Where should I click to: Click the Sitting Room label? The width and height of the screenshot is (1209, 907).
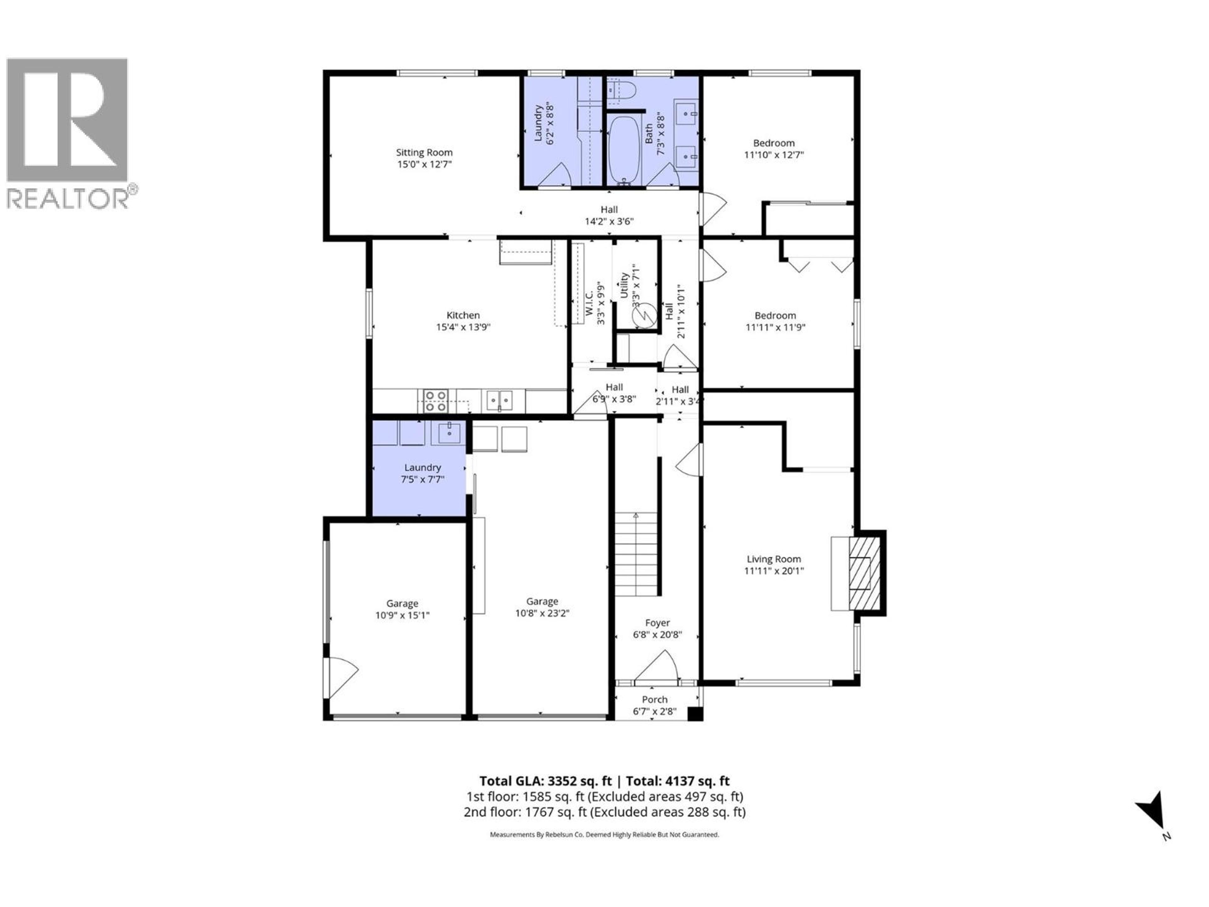[x=424, y=152]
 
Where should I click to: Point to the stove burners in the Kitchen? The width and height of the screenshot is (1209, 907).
[x=436, y=401]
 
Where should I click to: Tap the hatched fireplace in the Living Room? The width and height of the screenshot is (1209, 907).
[x=865, y=573]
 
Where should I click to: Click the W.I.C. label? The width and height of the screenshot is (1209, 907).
[x=589, y=303]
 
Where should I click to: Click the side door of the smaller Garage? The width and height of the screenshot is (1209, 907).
[x=339, y=678]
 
